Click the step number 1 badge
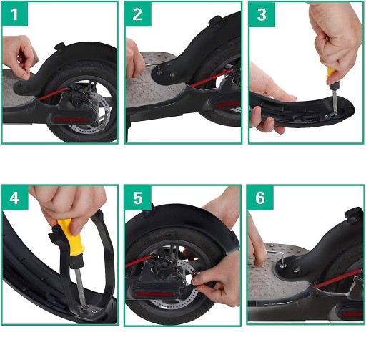click(14, 14)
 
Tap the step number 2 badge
click(138, 14)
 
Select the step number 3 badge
click(262, 14)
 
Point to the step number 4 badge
click(15, 198)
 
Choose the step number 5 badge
click(138, 198)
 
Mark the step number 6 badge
click(260, 198)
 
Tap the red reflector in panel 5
click(154, 294)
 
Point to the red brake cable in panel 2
click(212, 78)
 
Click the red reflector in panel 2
click(227, 104)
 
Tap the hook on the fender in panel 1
click(59, 46)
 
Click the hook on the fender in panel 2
click(217, 21)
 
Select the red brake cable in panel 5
click(139, 261)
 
